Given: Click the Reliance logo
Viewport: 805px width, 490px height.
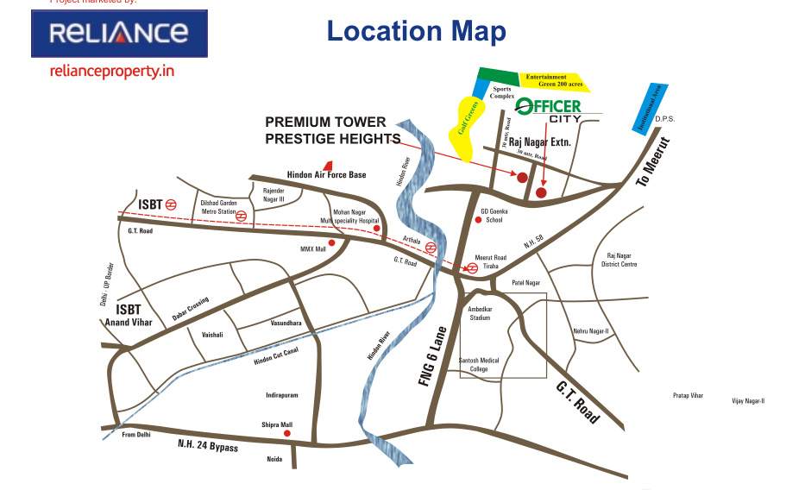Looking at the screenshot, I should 119,34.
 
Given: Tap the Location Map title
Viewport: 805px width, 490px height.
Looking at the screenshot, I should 416,32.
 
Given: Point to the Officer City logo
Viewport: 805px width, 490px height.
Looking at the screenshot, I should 548,110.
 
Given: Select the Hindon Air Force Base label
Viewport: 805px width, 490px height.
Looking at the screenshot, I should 326,175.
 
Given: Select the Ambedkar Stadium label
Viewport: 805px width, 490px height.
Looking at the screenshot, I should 479,312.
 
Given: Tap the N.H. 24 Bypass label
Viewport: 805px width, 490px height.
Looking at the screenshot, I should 207,447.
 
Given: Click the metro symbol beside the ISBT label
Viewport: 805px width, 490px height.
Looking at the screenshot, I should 171,204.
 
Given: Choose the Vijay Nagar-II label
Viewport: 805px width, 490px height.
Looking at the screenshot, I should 748,400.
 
